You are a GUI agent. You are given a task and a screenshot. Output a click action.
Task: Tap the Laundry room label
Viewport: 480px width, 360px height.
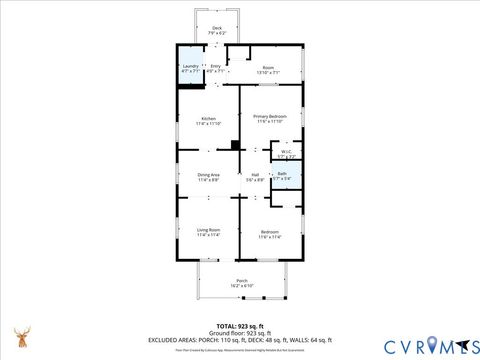coord(190,67)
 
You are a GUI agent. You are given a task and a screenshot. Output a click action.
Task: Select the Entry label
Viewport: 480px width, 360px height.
coord(215,67)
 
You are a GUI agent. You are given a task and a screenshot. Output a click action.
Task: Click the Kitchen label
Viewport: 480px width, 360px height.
coord(208,118)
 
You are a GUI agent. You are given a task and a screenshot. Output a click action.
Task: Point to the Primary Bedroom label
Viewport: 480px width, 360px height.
coord(269,117)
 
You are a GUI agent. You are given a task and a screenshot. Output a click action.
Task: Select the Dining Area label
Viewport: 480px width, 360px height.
coord(208,175)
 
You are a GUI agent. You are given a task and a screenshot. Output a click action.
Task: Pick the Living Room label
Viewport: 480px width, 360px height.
coord(208,229)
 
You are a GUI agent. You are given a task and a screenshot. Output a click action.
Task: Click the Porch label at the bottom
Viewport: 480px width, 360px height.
coord(241,280)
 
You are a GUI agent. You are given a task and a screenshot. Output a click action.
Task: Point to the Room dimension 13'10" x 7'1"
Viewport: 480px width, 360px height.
coord(269,72)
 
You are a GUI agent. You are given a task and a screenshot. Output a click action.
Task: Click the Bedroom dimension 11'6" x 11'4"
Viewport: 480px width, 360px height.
coord(269,237)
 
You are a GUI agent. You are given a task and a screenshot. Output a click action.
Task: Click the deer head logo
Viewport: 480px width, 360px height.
coord(21,336)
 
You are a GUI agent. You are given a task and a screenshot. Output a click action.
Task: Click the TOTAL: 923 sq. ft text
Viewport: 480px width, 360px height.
coord(240,326)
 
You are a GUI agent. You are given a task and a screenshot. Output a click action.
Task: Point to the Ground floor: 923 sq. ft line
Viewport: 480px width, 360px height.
coord(240,332)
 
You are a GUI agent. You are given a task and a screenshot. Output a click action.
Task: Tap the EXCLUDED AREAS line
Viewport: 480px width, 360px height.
coord(240,339)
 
